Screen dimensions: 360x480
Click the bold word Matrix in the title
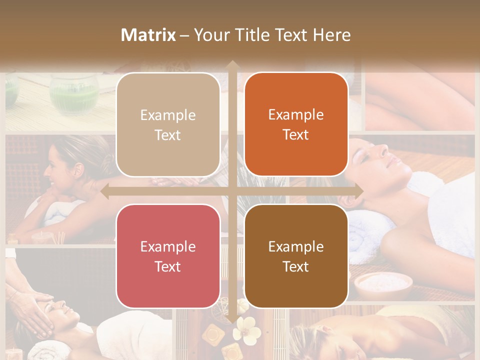point(148,35)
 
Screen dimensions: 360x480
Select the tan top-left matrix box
point(168,124)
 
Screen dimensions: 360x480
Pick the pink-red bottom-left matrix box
point(168,256)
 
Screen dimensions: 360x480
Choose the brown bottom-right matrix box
point(296,256)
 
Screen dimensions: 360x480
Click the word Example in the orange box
point(296,114)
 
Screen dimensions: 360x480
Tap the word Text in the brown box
point(296,266)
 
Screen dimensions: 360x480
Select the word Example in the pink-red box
point(168,246)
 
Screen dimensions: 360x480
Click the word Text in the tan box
point(168,135)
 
